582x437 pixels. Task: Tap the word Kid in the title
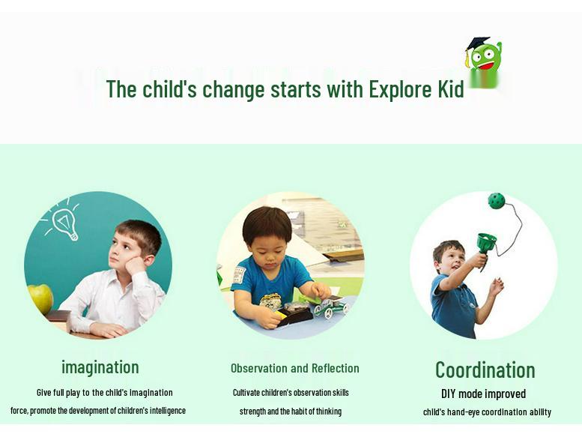(451, 89)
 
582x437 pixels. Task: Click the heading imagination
(100, 367)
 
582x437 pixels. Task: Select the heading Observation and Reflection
(294, 368)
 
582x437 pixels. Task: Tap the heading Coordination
(485, 370)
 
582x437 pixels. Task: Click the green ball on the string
(496, 201)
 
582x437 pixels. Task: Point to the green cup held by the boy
(486, 243)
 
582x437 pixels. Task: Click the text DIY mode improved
(483, 394)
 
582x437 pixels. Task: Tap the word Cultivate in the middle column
(246, 392)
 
